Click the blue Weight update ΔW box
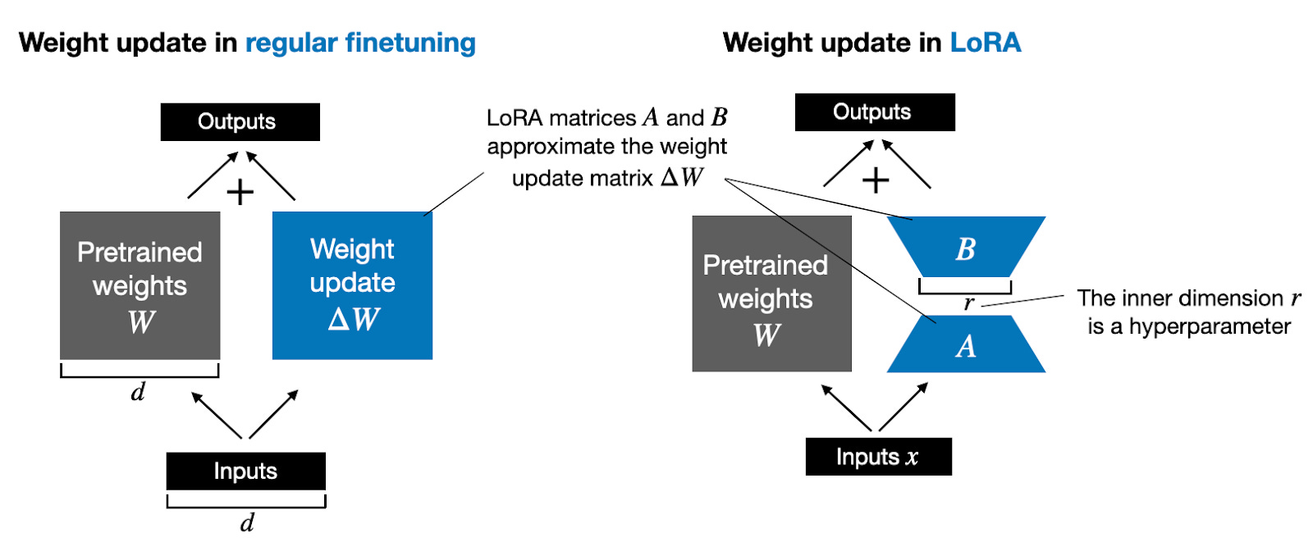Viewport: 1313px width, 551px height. point(352,285)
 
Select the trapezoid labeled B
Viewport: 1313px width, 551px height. point(966,246)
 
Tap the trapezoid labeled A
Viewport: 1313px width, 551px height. point(966,345)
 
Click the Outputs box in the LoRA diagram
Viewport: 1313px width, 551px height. point(874,112)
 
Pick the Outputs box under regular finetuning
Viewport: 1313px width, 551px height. point(240,122)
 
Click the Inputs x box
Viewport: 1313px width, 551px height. point(878,457)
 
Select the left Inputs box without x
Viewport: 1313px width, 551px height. point(245,471)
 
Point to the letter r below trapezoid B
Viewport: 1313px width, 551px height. point(968,303)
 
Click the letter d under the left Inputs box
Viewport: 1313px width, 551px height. point(247,522)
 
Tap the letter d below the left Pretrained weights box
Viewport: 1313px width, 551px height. point(138,392)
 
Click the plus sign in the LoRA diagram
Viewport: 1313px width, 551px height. point(876,180)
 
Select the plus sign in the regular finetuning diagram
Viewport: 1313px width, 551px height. point(240,193)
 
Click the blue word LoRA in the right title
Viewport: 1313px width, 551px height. point(985,43)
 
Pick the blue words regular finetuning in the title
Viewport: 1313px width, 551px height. point(360,43)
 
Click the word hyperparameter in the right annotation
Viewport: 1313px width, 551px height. point(1210,326)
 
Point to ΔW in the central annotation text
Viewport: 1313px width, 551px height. point(683,177)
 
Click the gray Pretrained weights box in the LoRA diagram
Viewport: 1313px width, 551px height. point(771,294)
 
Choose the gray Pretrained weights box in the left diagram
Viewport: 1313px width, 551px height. point(140,285)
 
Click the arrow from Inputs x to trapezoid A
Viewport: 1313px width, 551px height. point(903,406)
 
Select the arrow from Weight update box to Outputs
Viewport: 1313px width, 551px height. point(271,175)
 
